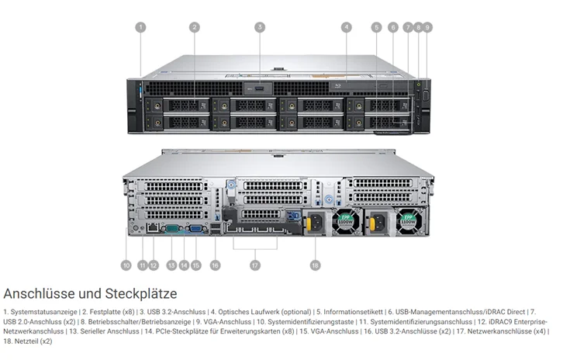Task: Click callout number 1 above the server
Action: coord(140,27)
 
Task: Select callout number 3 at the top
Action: coord(260,27)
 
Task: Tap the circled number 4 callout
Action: coord(346,27)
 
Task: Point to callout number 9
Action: coord(427,27)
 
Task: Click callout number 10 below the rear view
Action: coord(126,265)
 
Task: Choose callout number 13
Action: coord(171,265)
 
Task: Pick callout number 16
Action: coord(215,265)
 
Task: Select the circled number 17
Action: coord(254,265)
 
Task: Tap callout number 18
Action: coord(315,265)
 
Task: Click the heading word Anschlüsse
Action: coord(40,294)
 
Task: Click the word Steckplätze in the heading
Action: coord(142,294)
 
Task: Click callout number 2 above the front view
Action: coord(195,27)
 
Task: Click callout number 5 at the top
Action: coord(376,27)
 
